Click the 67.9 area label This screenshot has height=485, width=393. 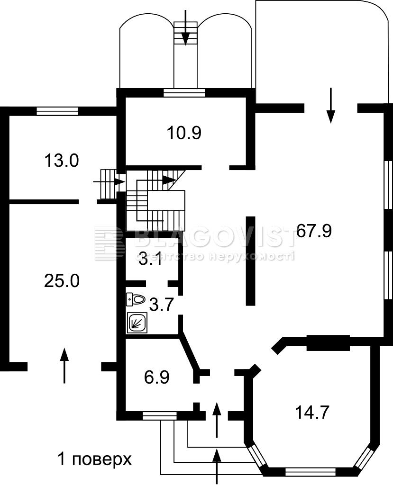click(x=314, y=231)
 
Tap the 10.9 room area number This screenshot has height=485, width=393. click(x=184, y=133)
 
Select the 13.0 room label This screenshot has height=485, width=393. click(x=62, y=161)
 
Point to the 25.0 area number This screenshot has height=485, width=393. click(x=62, y=281)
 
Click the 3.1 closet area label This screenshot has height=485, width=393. click(x=150, y=260)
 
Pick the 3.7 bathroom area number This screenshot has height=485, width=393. click(x=161, y=305)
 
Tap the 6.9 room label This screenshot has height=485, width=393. click(x=157, y=377)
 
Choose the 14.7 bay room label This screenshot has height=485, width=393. click(x=312, y=413)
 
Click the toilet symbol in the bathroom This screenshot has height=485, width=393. click(x=136, y=299)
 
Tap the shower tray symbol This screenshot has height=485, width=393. click(x=137, y=323)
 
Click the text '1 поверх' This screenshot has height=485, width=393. click(x=95, y=459)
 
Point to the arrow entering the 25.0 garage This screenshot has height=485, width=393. click(x=64, y=365)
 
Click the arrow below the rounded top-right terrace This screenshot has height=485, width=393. click(x=331, y=106)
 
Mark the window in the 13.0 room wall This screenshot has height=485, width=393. click(x=57, y=111)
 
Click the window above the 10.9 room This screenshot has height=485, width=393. click(x=184, y=93)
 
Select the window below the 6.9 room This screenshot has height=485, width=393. click(x=160, y=416)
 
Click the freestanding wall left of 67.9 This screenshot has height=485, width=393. click(x=250, y=261)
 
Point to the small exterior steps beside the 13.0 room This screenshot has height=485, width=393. click(x=109, y=184)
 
